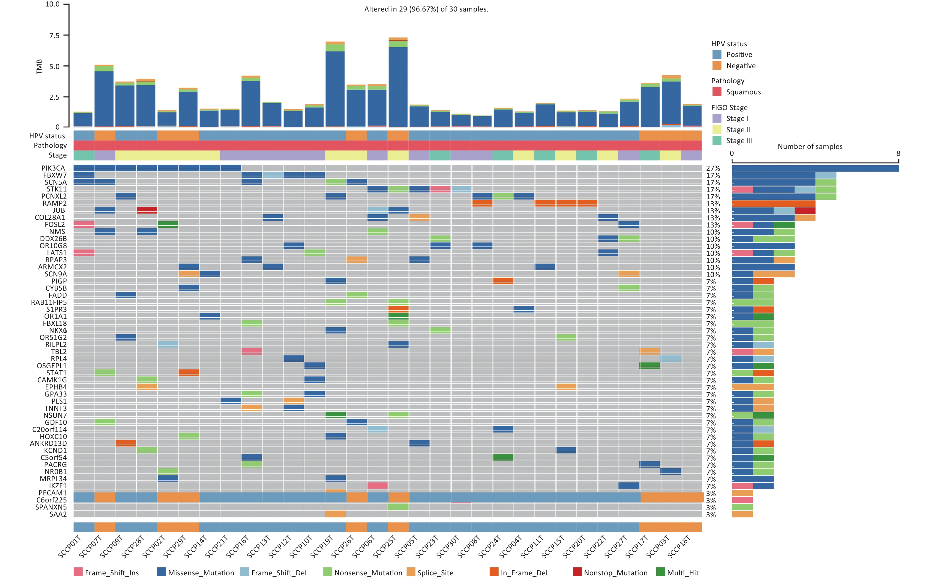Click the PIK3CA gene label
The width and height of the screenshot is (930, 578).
click(x=53, y=168)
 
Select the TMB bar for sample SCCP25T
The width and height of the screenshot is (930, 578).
click(x=398, y=84)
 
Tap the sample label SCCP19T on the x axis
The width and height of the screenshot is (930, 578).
click(x=322, y=547)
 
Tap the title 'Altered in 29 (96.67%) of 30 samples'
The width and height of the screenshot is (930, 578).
click(x=426, y=9)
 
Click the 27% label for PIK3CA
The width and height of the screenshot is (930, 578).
click(x=713, y=168)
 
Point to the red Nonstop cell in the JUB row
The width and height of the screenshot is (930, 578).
click(x=147, y=210)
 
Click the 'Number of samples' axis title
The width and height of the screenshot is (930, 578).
click(x=810, y=147)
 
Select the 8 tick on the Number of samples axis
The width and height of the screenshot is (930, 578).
click(x=898, y=154)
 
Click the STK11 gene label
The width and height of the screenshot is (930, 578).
click(x=57, y=189)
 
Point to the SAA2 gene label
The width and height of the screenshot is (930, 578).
click(x=58, y=515)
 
